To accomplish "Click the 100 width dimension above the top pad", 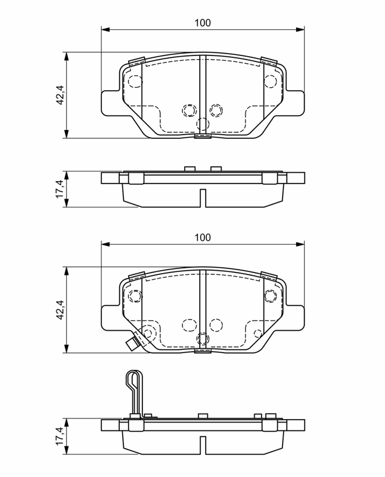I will [203, 23].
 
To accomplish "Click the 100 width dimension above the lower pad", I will [203, 237].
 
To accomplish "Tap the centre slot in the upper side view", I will [203, 198].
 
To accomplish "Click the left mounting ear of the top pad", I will [111, 103].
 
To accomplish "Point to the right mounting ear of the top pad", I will [294, 103].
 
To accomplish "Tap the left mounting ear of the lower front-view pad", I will [111, 317].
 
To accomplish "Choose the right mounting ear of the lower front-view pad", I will [294, 317].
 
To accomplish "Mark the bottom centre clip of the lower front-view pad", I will [203, 352].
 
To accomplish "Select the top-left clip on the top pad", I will [137, 61].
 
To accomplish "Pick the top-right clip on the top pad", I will [268, 61].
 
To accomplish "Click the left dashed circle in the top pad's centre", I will [189, 110].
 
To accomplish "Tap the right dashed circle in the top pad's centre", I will [216, 110].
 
